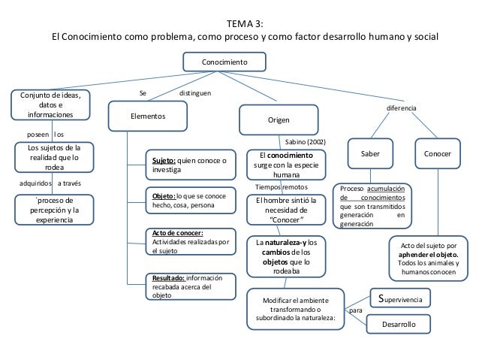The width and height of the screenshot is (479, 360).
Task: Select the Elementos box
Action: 148,117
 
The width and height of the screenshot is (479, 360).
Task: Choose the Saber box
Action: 370,153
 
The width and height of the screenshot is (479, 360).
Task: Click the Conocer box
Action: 437,153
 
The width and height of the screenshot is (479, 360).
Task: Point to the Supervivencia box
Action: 402,300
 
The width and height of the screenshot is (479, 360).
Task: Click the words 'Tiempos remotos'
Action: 282,186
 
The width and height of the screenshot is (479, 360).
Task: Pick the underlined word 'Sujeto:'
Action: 164,160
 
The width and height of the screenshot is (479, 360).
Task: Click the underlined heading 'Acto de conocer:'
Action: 177,232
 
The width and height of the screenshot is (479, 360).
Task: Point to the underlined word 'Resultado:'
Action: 169,277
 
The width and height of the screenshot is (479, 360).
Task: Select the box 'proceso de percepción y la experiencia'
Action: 54,211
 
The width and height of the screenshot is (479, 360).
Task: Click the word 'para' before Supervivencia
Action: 356,309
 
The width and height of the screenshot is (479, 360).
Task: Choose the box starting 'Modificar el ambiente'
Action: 295,309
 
